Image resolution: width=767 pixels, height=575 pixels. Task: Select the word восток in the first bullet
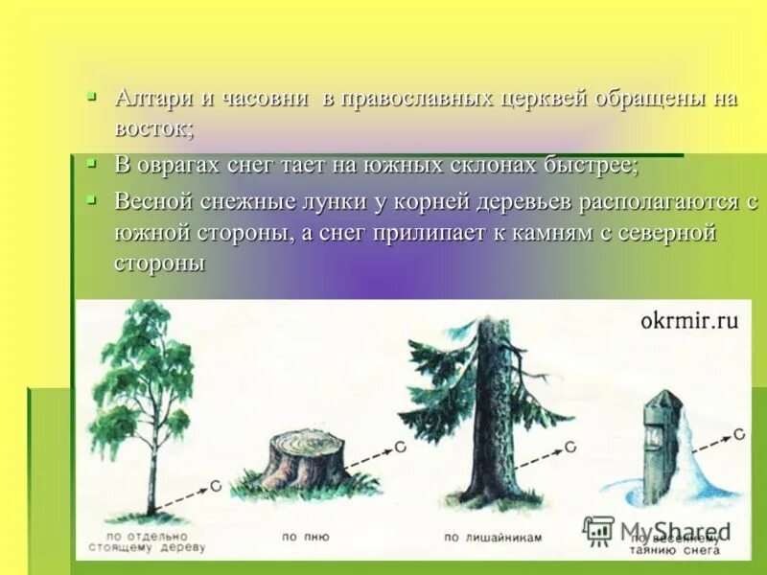pyautogui.click(x=152, y=127)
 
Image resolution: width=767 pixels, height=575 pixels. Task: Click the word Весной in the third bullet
pyautogui.click(x=153, y=202)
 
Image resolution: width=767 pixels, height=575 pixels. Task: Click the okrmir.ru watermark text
pyautogui.click(x=688, y=320)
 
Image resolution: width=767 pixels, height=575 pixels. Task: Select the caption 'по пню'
pyautogui.click(x=305, y=538)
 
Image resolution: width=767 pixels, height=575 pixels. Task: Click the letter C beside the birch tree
pyautogui.click(x=216, y=486)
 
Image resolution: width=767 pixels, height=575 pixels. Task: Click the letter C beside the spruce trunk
pyautogui.click(x=569, y=446)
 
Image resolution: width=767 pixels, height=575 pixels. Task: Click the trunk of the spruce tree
pyautogui.click(x=494, y=422)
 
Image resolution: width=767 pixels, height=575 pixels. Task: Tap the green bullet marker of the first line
pyautogui.click(x=91, y=96)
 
